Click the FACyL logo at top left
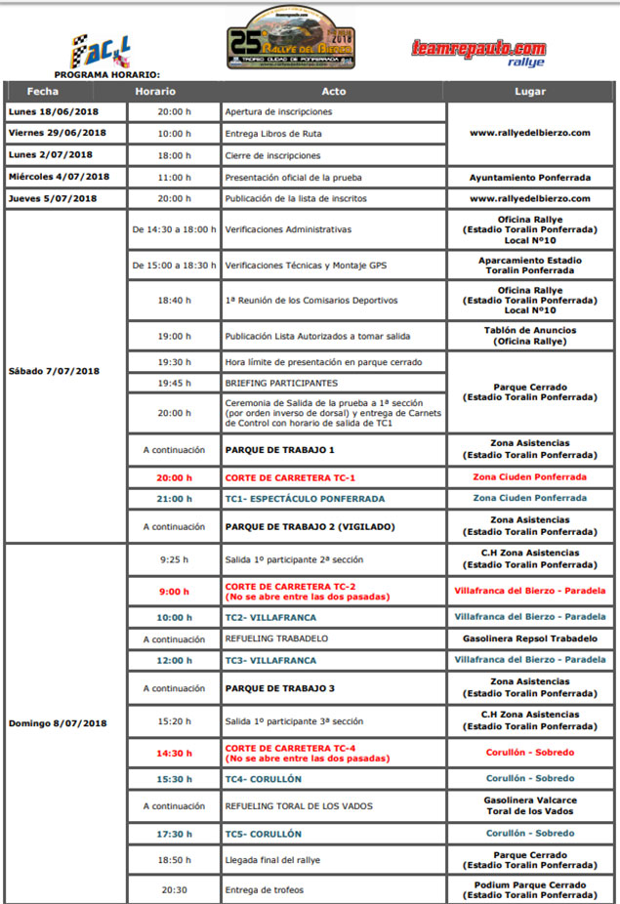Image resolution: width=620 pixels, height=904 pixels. (101, 51)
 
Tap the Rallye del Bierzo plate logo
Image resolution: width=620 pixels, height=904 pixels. (292, 39)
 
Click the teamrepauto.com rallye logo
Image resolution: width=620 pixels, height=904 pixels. (478, 52)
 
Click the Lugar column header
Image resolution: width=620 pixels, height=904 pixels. (529, 92)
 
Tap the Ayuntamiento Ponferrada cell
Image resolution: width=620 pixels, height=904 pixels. (529, 178)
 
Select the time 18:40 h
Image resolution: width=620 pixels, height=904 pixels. (175, 300)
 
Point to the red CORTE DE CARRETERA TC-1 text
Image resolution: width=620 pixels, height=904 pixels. (290, 477)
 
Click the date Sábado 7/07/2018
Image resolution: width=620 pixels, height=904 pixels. (54, 371)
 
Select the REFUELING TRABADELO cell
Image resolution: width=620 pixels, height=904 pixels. (276, 638)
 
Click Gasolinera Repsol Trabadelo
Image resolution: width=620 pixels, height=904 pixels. (529, 638)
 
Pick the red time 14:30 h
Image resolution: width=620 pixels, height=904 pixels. (175, 753)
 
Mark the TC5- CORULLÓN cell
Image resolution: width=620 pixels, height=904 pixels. (263, 834)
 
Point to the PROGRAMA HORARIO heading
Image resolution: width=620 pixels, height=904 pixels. (107, 74)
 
